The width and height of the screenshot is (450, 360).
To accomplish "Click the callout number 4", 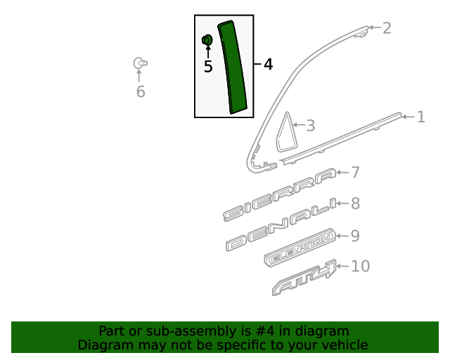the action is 268,64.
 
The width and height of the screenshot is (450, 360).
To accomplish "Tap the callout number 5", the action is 208,66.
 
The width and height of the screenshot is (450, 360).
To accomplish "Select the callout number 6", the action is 141,92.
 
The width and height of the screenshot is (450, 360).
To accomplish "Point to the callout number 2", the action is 387,28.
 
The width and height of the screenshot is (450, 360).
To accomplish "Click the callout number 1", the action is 421,117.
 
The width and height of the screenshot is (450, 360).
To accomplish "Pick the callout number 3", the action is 311,126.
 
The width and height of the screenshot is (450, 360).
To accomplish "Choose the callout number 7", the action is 355,172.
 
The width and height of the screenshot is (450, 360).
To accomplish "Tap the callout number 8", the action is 355,203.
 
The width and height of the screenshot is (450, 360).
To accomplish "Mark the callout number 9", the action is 355,236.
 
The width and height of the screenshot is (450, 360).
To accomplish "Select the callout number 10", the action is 361,266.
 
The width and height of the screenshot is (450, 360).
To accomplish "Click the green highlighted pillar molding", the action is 233,67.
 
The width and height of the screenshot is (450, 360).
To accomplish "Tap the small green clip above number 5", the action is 207,40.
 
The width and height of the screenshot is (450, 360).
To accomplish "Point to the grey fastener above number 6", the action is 141,63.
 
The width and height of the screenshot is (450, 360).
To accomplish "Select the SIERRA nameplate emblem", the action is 280,195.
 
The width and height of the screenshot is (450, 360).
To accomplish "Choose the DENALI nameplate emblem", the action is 281,224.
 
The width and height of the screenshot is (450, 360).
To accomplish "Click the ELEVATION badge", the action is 300,247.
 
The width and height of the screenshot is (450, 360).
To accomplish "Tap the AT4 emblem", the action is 304,277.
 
